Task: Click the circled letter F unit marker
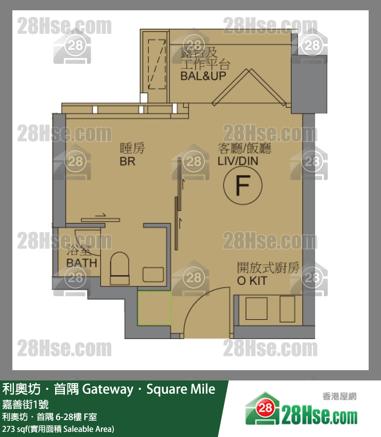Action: pos(243,185)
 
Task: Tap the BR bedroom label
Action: pos(128,161)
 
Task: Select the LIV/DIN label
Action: pos(238,161)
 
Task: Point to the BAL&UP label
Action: pos(203,76)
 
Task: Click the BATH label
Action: pos(82,263)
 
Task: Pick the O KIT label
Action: pos(252,281)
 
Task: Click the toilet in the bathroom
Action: pos(120,268)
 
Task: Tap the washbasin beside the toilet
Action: pos(153,275)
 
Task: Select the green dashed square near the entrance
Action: pos(154,308)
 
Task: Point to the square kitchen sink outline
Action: pos(256,308)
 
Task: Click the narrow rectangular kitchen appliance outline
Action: pos(287,309)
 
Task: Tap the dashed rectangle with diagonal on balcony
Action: pos(157,64)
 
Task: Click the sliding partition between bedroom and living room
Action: pos(178,204)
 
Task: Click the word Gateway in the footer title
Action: pos(108,389)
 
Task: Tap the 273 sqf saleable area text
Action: pos(58,429)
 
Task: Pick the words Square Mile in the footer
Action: pos(181,389)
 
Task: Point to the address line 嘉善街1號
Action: pos(25,404)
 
